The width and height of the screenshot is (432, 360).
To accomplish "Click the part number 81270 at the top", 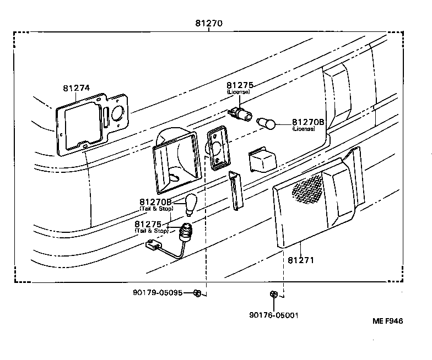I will [x=209, y=24].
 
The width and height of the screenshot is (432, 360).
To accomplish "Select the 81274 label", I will [x=76, y=88].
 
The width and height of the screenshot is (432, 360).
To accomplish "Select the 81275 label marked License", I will [x=239, y=85].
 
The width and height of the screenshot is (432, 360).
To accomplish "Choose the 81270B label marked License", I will [x=309, y=122].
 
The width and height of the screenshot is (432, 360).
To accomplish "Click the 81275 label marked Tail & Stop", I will [x=148, y=224].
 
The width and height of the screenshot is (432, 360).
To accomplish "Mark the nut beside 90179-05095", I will [x=198, y=293].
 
